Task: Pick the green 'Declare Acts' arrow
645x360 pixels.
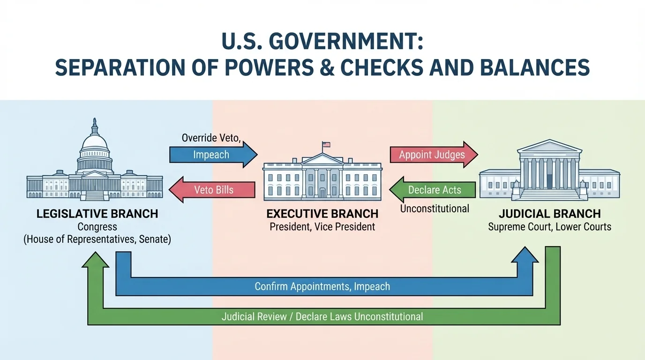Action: coord(433,190)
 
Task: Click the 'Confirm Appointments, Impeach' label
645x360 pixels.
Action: coord(322,286)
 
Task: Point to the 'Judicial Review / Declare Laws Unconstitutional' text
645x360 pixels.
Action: coord(322,316)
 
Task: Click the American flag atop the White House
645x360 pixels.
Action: coord(326,145)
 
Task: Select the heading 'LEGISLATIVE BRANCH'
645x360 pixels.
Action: coord(97,214)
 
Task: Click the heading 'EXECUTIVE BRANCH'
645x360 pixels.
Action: coord(322,214)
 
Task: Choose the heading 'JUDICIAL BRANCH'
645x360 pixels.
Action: coord(549,214)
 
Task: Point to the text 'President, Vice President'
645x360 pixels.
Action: coord(322,227)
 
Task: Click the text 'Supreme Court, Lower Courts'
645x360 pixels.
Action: coord(549,227)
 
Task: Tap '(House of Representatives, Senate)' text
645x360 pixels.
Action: coord(97,240)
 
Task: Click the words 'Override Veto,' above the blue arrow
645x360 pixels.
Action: coord(210,138)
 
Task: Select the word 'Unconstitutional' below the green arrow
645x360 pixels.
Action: coord(434,209)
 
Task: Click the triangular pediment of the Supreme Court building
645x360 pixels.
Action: coord(549,148)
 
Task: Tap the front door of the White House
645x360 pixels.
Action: coord(322,193)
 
